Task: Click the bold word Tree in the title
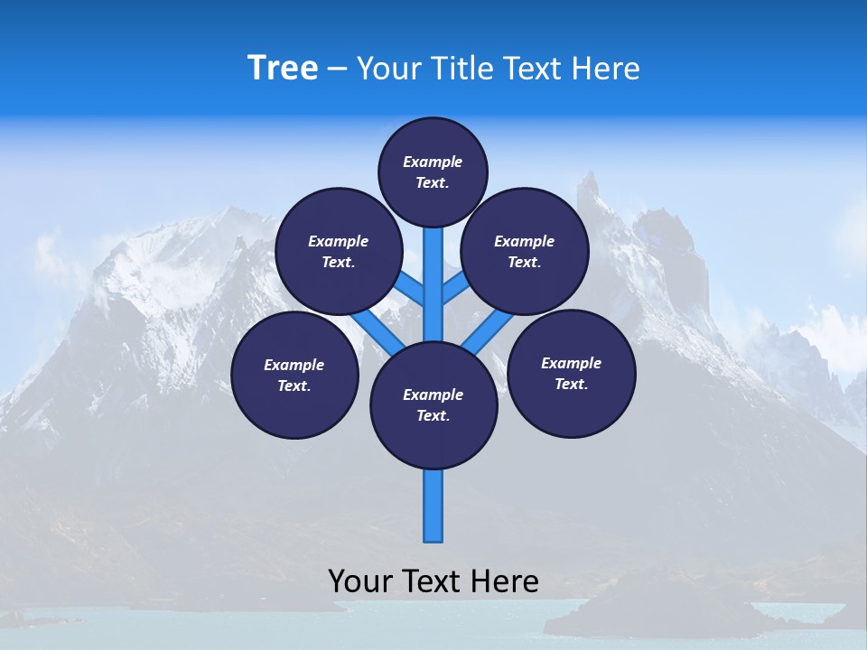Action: [x=283, y=68]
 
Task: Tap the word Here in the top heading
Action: [x=606, y=69]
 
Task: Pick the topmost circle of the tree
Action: [x=433, y=172]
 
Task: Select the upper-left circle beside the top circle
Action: [x=338, y=251]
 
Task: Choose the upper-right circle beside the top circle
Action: [x=525, y=251]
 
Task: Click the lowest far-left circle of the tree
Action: [x=294, y=375]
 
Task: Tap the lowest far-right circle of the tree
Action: [x=571, y=373]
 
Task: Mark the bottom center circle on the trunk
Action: [x=433, y=404]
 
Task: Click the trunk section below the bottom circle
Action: [x=433, y=506]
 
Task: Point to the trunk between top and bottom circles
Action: [x=433, y=280]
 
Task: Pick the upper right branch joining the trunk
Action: [x=455, y=289]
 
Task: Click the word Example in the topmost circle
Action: [x=433, y=162]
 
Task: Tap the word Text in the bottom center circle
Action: [x=433, y=415]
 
